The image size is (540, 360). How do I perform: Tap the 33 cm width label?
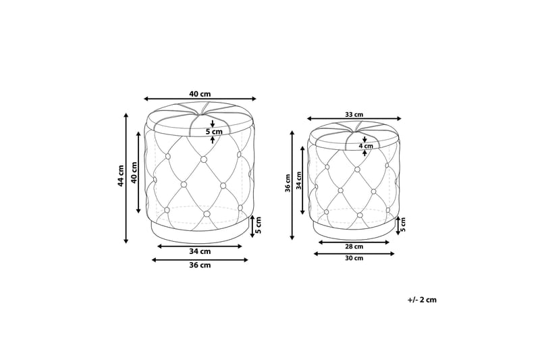[x=354, y=114]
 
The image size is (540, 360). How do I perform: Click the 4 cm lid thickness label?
[x=365, y=146]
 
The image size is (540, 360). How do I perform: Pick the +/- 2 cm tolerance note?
[x=422, y=299]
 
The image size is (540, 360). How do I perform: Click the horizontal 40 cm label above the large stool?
[x=200, y=94]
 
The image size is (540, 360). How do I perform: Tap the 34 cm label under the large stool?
[x=200, y=251]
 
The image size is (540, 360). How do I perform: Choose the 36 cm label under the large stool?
[x=200, y=265]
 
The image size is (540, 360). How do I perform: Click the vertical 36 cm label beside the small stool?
[x=288, y=182]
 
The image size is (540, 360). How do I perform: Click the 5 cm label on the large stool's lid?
[x=213, y=132]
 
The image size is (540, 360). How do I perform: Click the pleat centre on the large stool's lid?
[x=201, y=110]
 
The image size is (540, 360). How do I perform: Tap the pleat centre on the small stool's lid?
[x=355, y=128]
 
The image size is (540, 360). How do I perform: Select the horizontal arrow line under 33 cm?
[x=355, y=119]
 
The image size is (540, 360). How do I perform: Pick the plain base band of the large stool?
[x=200, y=232]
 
